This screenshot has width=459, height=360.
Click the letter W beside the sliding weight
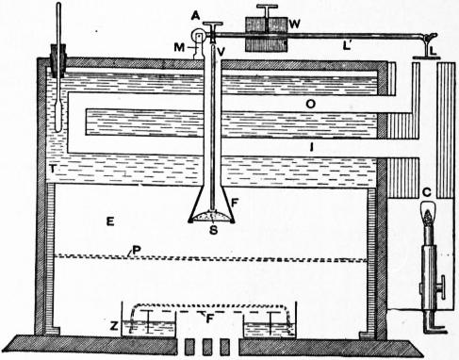tap(295, 24)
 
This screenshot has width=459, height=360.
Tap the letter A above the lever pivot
tap(195, 16)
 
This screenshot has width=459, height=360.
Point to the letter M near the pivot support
tap(179, 47)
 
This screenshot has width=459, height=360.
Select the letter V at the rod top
tap(221, 52)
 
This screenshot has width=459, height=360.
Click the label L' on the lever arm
tap(347, 46)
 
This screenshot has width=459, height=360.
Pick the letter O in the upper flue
tap(311, 105)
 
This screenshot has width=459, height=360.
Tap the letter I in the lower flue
tap(311, 147)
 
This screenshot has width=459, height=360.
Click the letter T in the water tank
tap(53, 169)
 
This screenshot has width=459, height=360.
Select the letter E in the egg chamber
tap(110, 221)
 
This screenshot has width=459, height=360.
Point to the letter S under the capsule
tap(213, 230)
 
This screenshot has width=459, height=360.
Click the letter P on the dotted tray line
tap(136, 250)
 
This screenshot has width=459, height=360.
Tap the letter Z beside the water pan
tap(113, 326)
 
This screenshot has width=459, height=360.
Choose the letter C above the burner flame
tap(427, 192)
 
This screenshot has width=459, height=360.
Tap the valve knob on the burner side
tap(442, 287)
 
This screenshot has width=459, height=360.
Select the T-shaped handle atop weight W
tap(267, 10)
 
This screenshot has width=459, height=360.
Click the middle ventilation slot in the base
tap(207, 347)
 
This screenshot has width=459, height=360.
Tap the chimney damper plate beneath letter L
tap(427, 57)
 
